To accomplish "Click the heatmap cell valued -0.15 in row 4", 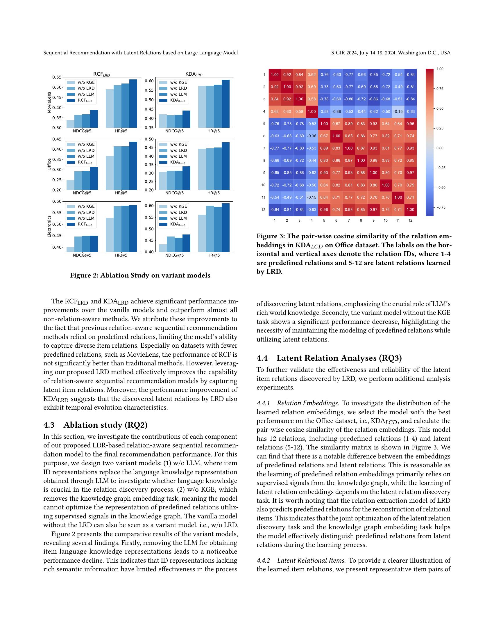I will [398, 111].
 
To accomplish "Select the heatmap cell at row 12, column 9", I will [373, 209].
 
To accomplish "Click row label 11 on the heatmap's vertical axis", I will [263, 197].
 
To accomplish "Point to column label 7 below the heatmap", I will [348, 221].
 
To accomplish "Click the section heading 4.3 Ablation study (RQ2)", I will [95, 425].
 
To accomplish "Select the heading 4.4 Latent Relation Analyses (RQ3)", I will [329, 358].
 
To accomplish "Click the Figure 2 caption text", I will [140, 275].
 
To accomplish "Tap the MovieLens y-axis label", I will [49, 102].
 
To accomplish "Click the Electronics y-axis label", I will [49, 227].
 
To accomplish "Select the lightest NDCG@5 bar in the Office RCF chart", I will [71, 185].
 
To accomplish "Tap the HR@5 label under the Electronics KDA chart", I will [213, 255].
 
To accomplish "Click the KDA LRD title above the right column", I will [194, 74].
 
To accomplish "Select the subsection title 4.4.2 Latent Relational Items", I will [301, 561].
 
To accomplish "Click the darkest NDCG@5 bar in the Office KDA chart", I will [187, 178].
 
